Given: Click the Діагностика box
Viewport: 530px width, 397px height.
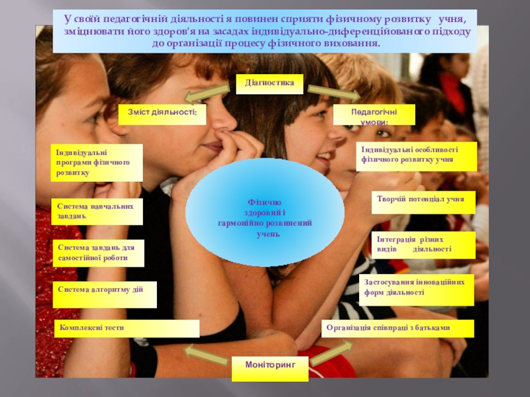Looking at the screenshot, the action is (270, 83).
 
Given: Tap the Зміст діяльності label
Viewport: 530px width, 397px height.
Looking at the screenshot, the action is (162, 114).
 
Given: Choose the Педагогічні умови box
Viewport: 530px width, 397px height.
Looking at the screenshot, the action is (374, 114).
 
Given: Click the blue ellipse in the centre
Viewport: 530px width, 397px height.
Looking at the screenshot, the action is (265, 212).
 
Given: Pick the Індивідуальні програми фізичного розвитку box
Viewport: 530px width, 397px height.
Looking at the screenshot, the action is (97, 163).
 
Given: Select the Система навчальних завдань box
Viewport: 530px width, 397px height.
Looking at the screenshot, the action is (97, 211).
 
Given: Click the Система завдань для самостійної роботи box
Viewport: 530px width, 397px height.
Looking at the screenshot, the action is (97, 253).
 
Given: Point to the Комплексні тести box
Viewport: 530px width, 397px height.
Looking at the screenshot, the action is (127, 328).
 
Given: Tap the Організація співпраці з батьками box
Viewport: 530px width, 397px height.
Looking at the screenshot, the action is (398, 328).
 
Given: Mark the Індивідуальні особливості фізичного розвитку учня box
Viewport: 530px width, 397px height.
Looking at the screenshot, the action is (416, 156).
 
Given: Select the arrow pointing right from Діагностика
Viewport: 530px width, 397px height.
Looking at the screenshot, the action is (334, 93).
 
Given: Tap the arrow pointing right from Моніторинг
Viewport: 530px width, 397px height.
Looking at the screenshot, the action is (331, 353).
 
